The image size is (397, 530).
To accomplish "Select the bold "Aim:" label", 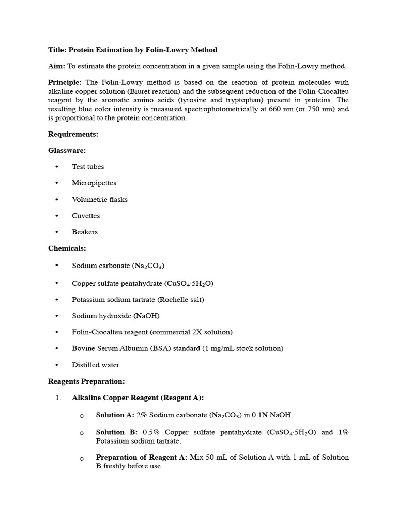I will click(x=56, y=66).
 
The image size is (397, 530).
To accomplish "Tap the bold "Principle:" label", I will click(x=65, y=82).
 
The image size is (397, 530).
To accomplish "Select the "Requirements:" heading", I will click(x=73, y=134).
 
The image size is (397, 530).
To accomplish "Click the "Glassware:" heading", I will click(x=67, y=150).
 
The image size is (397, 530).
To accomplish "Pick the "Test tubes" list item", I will click(x=88, y=167).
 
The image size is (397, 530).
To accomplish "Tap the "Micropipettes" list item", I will click(x=94, y=183).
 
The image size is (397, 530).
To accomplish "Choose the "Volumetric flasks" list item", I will click(x=100, y=199).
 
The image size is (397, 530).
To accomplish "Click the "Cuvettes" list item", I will click(x=86, y=216).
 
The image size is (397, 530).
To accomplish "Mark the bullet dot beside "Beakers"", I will click(x=56, y=232).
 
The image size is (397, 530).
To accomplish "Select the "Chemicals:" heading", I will click(x=67, y=248).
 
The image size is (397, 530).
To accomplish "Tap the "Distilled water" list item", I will click(x=96, y=365).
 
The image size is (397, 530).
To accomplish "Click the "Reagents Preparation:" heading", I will click(x=86, y=381).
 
